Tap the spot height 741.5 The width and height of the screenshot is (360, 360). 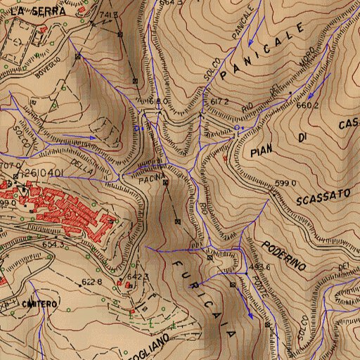(x=108, y=15)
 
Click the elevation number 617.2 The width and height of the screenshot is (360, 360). (x=220, y=102)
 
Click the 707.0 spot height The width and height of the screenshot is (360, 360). (x=9, y=166)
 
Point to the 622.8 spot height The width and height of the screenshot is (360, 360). (x=91, y=282)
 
